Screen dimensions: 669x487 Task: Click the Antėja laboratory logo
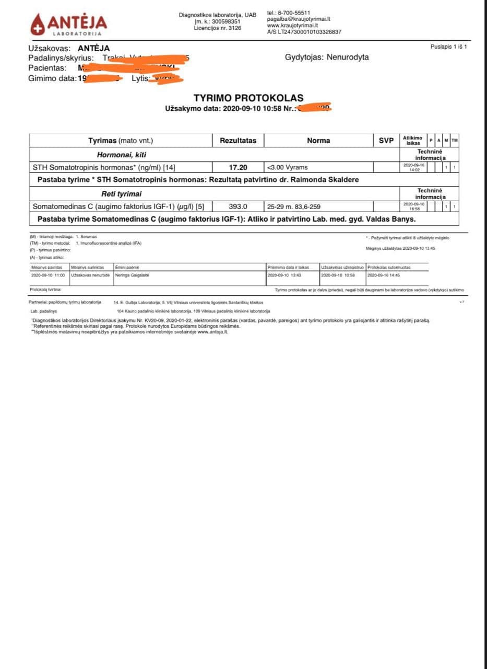point(68,24)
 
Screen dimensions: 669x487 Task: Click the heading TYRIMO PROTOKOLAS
point(248,98)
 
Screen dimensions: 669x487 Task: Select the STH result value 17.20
point(237,167)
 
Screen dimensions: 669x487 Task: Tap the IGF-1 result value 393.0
point(237,206)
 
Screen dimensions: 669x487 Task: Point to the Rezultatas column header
point(237,141)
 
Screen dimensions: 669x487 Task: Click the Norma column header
point(318,141)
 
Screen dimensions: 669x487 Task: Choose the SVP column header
point(386,141)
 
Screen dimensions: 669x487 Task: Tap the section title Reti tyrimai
point(121,194)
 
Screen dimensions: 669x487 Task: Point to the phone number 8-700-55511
point(295,13)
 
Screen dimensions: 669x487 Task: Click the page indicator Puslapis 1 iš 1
point(448,47)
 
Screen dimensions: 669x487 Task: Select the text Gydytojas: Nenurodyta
point(327,57)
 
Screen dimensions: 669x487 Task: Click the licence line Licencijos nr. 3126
point(217,28)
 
